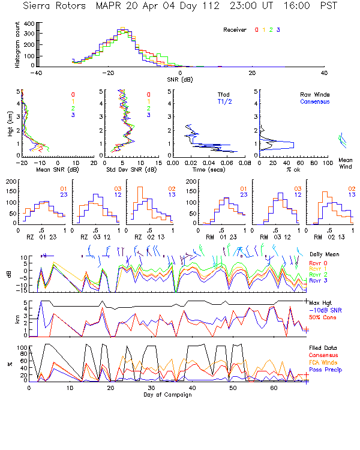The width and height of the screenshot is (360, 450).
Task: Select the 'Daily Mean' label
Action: point(325,254)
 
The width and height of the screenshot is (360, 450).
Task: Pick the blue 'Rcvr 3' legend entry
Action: point(319,281)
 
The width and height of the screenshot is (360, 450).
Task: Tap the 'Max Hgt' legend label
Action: point(322,301)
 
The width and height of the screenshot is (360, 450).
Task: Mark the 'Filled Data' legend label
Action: point(323,347)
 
